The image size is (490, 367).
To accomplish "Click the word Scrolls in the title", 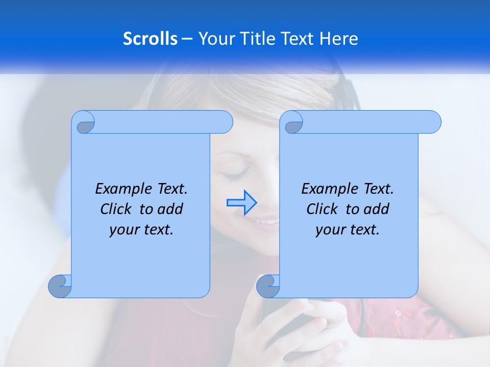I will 150,39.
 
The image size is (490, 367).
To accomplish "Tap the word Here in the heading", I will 339,39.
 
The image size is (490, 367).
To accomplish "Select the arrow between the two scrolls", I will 241,202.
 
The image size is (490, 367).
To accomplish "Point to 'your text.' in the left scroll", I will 141,229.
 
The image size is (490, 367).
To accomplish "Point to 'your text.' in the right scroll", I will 348,229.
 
